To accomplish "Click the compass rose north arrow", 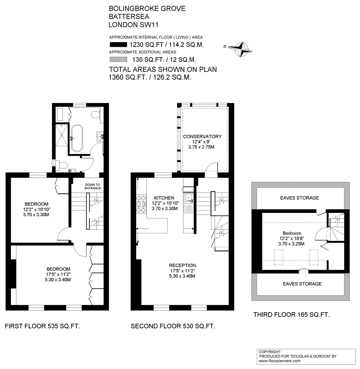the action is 240,50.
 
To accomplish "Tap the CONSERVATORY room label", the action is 202,137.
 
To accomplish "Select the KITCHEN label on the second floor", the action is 164,198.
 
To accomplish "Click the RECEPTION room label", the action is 182,265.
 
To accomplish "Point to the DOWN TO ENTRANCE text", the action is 93,186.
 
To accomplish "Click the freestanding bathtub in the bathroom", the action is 77,138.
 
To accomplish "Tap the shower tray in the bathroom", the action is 61,135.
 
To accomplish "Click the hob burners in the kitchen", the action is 141,204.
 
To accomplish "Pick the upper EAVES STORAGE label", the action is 299,198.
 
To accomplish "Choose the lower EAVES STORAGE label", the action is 302,284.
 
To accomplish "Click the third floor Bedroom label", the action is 292,233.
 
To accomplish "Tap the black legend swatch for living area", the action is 118,44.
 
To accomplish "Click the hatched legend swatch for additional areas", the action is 118,59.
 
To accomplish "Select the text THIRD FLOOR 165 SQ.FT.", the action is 291,315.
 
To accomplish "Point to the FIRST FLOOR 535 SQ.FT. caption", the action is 42,326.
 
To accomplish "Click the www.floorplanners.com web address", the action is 280,361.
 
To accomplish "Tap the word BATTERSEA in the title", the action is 129,17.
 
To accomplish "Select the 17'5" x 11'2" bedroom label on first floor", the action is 58,274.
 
